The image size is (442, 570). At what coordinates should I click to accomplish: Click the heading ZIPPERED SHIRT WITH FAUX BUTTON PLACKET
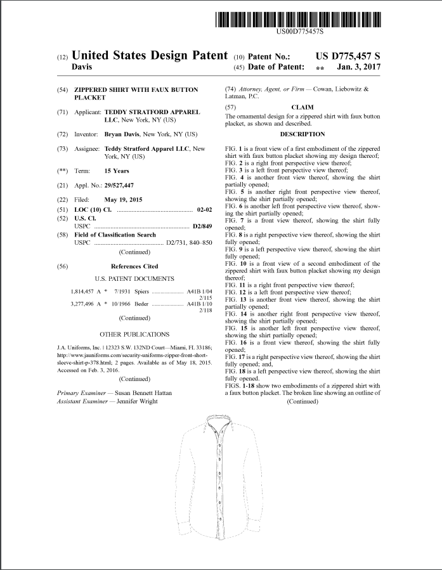136,94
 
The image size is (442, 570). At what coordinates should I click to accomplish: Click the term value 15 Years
117,171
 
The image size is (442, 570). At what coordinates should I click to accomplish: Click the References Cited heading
134,266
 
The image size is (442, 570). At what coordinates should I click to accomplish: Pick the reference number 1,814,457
84,291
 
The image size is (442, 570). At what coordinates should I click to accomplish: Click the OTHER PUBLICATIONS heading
134,334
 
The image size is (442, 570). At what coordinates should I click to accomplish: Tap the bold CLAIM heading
302,108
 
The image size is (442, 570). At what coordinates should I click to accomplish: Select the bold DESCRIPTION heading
302,134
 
